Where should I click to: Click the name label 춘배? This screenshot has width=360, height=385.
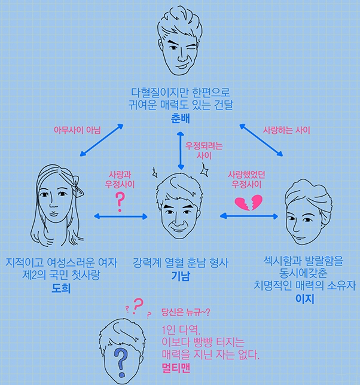point(180,118)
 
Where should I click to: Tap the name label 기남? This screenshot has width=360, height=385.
point(181,276)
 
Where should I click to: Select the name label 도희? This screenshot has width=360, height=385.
point(61,288)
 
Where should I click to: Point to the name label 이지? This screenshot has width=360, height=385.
point(304,299)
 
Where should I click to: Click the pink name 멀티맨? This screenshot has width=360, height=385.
point(176,368)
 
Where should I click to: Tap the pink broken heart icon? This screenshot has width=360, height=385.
point(249,203)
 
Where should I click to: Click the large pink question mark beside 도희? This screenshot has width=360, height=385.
point(120,202)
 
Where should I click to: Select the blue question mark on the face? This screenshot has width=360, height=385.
point(121,363)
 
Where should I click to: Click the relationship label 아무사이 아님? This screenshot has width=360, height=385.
point(77,130)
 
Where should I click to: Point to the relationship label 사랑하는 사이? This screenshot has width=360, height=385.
point(286,130)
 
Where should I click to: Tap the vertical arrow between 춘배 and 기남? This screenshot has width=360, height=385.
point(181,151)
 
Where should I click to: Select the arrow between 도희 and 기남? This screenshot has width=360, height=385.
point(121,216)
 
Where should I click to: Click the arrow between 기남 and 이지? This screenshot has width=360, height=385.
point(249,216)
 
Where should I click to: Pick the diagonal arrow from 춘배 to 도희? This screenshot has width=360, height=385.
point(102,140)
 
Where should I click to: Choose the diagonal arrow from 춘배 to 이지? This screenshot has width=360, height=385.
point(261,140)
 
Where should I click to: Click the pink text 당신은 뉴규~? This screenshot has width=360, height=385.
point(185,312)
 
